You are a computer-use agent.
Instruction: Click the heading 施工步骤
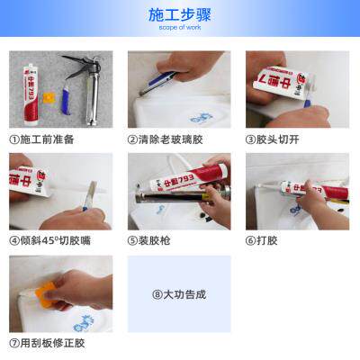tap(179, 14)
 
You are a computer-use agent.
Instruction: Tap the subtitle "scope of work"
tap(179, 28)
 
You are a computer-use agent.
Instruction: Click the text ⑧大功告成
tap(179, 294)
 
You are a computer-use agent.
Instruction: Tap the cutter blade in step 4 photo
tap(89, 194)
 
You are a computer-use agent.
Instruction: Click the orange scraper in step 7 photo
tap(42, 290)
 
